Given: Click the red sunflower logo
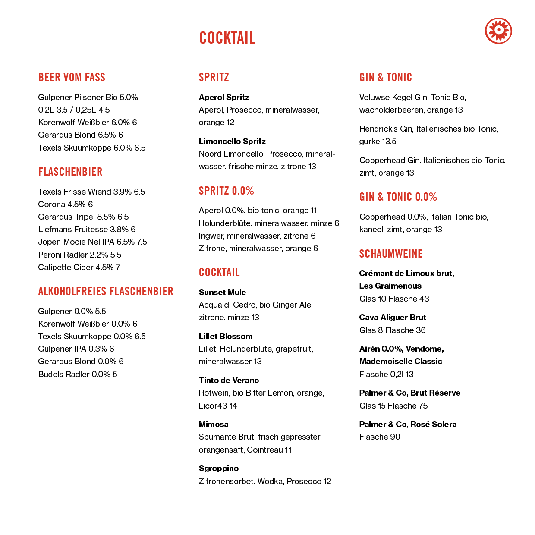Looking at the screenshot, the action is pos(498,31).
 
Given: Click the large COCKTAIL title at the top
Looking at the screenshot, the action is pos(227,38).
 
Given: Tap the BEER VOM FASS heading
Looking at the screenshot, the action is pos(72,77).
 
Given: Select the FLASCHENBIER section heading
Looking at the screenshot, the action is pos(70,172).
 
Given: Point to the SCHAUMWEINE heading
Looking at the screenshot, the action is pos(391,254).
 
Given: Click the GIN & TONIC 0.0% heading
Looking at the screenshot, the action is pos(398,197).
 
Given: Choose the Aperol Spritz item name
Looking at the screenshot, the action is pos(224,97).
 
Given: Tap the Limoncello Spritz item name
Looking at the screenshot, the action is pos(232,141).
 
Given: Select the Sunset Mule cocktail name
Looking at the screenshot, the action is pos(222,292).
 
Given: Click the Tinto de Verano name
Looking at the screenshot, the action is pos(229,380).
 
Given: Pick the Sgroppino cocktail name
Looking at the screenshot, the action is pos(218,469).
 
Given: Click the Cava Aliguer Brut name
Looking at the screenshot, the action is pos(393,317).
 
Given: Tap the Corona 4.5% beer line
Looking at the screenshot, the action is pos(65,204).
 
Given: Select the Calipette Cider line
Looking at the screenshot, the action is pos(79,267).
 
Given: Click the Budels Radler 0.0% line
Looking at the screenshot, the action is pos(78,374).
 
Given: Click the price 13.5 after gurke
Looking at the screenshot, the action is pos(389,142).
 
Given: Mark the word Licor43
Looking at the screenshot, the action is pos(213,406).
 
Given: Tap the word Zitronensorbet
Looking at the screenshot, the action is pos(227,481).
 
